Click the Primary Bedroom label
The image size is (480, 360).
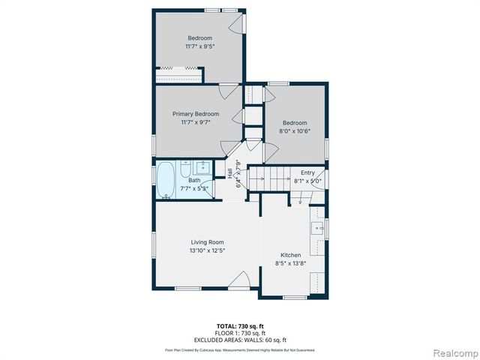[196, 114]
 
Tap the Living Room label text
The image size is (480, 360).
[207, 241]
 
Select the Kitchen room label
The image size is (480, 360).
[290, 255]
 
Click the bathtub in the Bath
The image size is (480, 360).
[165, 181]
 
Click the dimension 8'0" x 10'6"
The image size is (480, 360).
[295, 131]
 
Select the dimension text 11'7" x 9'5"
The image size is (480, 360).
[199, 46]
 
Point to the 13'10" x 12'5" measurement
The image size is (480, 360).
[207, 250]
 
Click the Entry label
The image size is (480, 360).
[308, 172]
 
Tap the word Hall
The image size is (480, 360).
[229, 173]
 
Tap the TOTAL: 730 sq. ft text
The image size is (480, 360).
[240, 325]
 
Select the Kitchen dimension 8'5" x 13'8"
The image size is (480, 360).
[290, 263]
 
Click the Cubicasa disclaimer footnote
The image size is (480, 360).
[240, 349]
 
